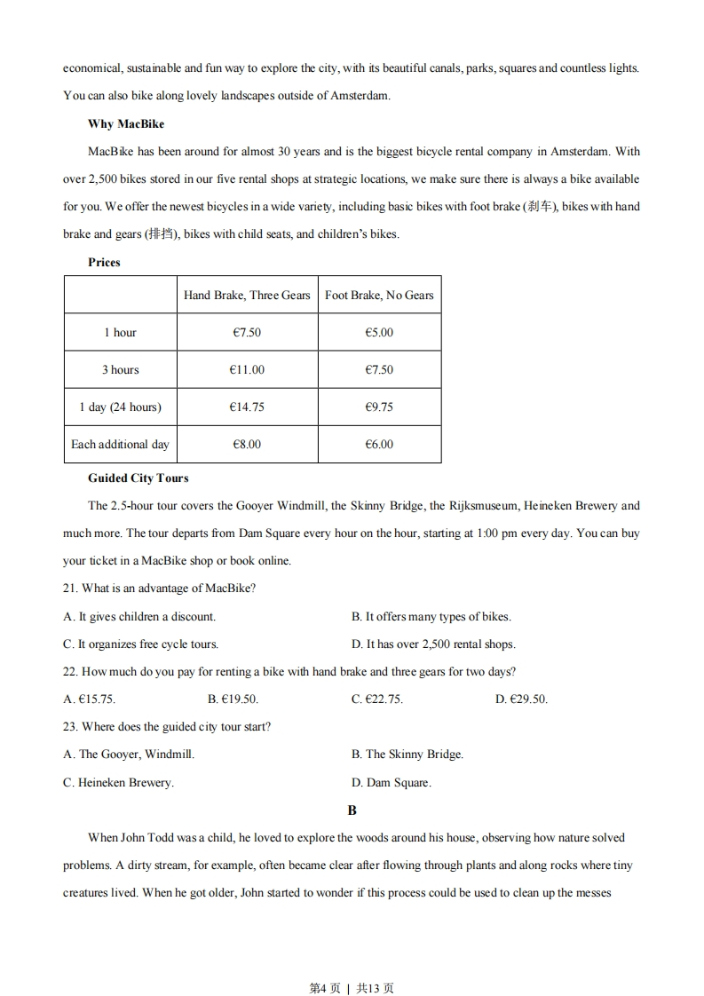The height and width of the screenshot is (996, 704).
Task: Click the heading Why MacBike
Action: pos(126,123)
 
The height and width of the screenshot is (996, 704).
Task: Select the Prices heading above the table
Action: pos(104,262)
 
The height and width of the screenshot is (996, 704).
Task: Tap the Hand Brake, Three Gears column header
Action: pos(247,295)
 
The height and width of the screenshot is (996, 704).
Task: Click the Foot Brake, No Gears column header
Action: pos(379,295)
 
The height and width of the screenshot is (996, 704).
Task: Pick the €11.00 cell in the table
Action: pos(247,369)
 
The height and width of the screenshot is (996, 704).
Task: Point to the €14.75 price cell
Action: pos(247,407)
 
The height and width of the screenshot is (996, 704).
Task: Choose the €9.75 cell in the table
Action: pos(379,407)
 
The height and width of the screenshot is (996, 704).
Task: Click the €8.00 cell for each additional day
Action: pos(247,444)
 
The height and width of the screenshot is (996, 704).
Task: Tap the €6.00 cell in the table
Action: pos(379,444)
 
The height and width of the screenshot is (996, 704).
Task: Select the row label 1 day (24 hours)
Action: pos(120,407)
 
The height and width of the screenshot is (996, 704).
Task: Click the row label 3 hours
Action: pos(120,369)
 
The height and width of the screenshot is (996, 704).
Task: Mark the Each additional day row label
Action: pos(120,444)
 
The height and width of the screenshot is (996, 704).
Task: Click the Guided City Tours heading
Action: pos(138,478)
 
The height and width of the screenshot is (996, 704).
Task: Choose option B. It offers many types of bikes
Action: pos(431,616)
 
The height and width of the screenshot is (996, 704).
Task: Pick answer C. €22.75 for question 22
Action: pos(376,699)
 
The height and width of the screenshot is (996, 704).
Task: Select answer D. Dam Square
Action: pos(391,782)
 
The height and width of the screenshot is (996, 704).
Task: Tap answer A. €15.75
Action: pos(89,699)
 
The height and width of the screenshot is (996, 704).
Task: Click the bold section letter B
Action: pos(352,810)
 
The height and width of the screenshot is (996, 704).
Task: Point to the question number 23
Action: pos(70,726)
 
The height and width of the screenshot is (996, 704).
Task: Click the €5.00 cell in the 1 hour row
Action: pos(379,332)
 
